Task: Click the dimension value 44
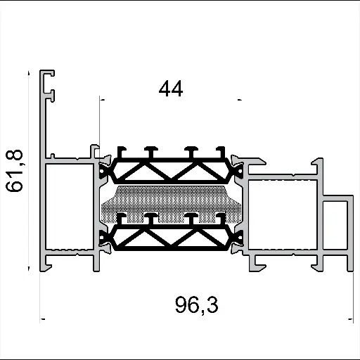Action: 171,89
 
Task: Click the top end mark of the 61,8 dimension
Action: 30,71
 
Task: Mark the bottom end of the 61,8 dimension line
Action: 30,268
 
